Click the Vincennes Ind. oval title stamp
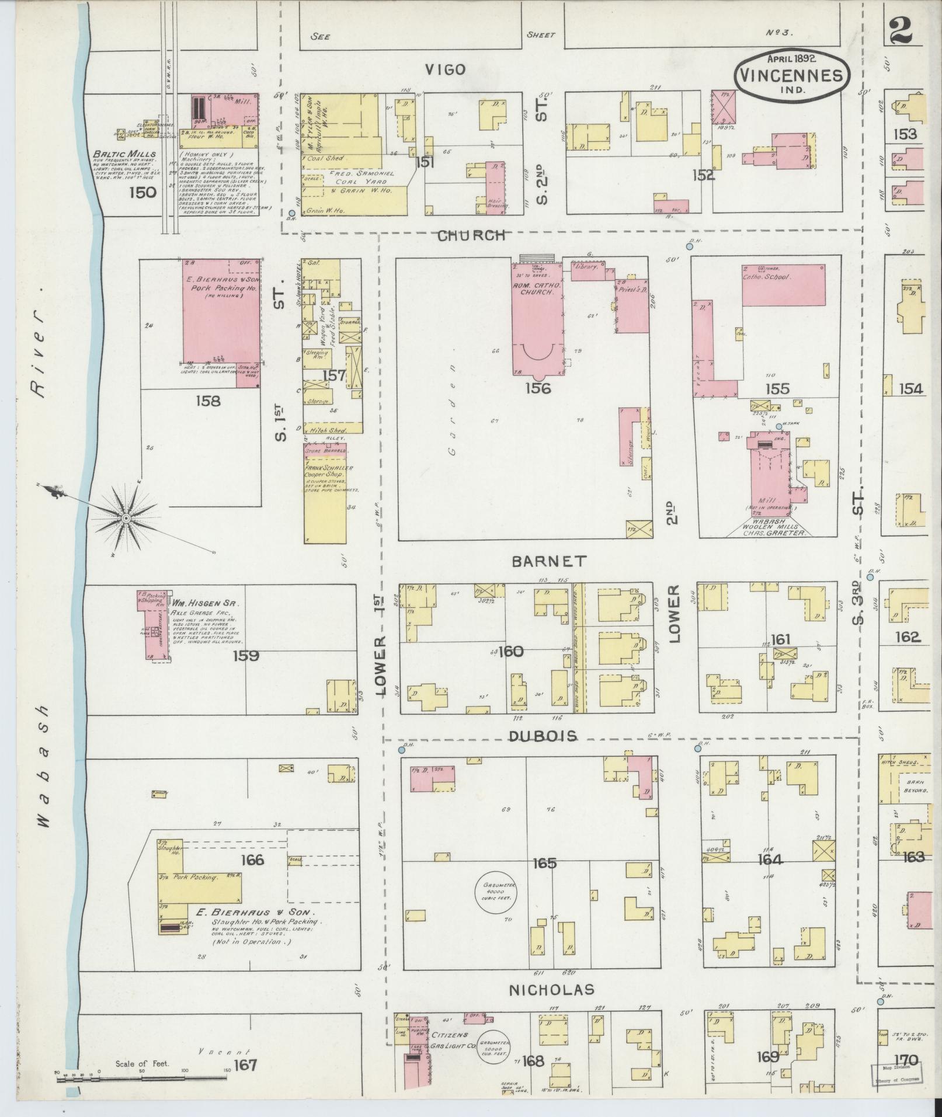791,74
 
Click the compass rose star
126,518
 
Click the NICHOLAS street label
552,989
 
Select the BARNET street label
549,561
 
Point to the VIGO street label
446,70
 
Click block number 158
208,401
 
